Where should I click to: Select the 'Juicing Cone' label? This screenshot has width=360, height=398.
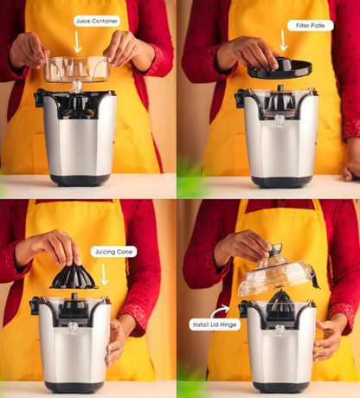[x=113, y=252]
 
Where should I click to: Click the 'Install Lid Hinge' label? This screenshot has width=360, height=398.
[x=213, y=325]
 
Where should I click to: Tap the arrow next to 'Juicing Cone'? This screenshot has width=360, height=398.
[x=105, y=274]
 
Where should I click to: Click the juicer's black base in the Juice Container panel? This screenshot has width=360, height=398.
[x=79, y=179]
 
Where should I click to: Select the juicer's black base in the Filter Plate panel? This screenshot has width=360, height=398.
[x=280, y=180]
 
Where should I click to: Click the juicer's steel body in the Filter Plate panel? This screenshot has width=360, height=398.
[x=280, y=138]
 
